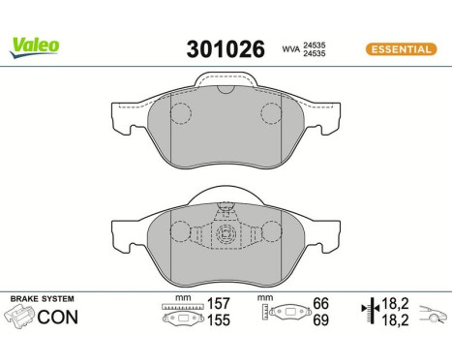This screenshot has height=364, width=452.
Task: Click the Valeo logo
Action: pyautogui.click(x=35, y=44)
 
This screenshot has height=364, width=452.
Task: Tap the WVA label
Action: pyautogui.click(x=288, y=47)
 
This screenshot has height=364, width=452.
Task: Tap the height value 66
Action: pyautogui.click(x=320, y=303)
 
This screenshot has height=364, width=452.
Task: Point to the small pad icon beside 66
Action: pyautogui.click(x=286, y=314)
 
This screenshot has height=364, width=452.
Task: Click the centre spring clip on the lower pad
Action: pyautogui.click(x=226, y=234)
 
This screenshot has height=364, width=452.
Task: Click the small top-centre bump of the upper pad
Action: pyautogui.click(x=226, y=90)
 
